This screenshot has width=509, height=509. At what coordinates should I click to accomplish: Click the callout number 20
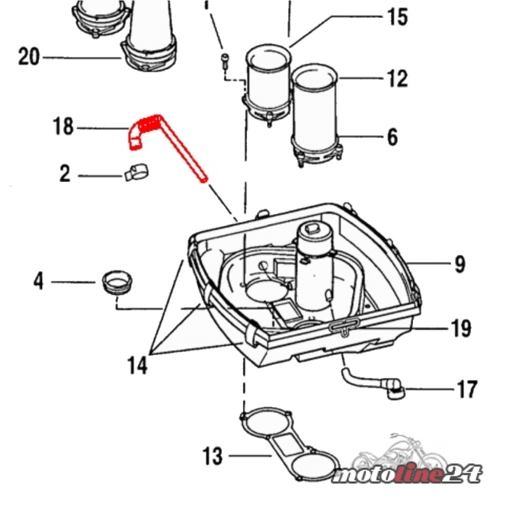[x=29, y=57]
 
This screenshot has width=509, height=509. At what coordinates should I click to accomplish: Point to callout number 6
[x=392, y=136]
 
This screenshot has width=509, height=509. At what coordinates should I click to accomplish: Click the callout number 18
[x=63, y=127]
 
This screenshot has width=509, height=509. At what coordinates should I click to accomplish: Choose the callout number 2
[x=65, y=174]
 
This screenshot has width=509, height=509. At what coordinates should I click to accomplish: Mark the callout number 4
[x=39, y=281]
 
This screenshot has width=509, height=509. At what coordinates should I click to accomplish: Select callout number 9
[x=459, y=264]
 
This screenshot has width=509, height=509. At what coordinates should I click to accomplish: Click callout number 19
[x=461, y=328]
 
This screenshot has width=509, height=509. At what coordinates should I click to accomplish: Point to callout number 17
[x=466, y=388]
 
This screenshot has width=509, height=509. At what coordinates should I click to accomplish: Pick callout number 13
[x=213, y=456]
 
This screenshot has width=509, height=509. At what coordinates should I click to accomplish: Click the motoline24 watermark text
[x=407, y=475]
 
